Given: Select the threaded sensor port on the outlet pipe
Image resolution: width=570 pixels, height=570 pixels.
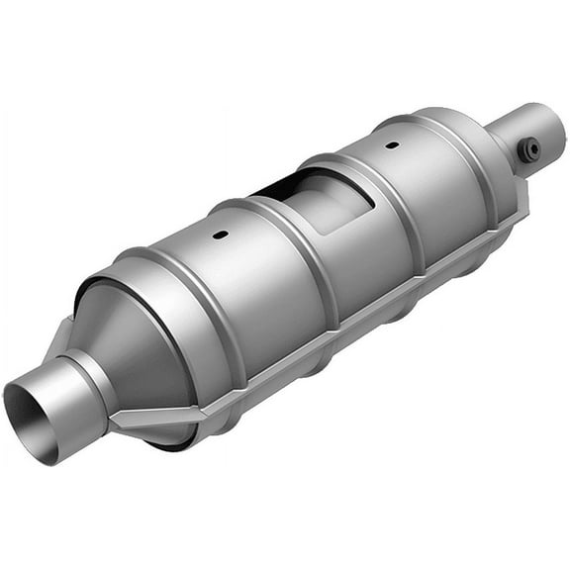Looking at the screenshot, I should [x=532, y=148].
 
